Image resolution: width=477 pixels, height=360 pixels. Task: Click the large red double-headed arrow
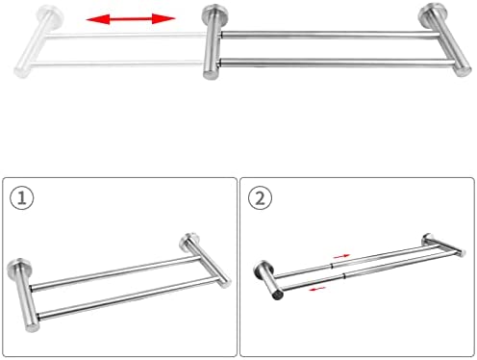pos(131,19)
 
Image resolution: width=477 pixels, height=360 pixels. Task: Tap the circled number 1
pos(21,198)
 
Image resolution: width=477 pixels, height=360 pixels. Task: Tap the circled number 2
pos(260,198)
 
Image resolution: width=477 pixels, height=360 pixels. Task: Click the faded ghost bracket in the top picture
pos(38,41)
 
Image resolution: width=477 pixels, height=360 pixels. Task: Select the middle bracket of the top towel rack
pos(213,41)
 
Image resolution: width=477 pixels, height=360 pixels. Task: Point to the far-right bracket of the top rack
pos(445,39)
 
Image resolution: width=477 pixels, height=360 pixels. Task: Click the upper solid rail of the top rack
pos(330,35)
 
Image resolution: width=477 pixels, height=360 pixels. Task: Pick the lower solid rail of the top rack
pos(338,63)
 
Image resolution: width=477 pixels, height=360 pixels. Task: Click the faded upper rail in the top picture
pos(126,35)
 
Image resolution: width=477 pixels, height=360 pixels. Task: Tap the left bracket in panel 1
pos(24,295)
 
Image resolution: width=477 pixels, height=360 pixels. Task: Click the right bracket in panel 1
pos(205,261)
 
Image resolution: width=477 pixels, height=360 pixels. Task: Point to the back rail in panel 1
pos(115,272)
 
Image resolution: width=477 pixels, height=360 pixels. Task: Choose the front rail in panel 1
pos(128,298)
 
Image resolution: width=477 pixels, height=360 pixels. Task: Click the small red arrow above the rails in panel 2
pos(341,256)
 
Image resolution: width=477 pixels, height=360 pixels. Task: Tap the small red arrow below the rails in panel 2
pos(317,289)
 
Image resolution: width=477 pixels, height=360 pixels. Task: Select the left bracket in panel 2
pos(268,279)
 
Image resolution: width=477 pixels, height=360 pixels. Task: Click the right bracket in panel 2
pos(443,244)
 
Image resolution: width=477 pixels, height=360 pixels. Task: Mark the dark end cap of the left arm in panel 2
pos(278,295)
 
